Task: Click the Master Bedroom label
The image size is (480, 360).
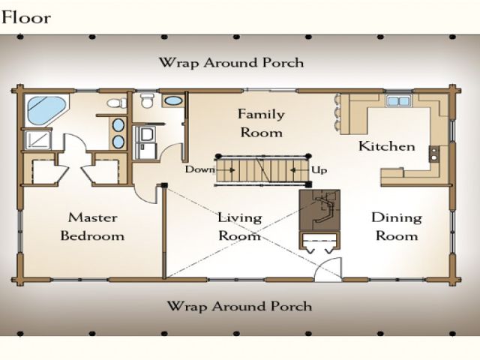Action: click(92, 226)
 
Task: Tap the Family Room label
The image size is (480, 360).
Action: click(261, 123)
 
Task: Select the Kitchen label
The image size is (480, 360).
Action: click(387, 146)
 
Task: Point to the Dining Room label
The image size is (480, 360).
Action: click(397, 226)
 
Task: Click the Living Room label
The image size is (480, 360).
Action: click(240, 226)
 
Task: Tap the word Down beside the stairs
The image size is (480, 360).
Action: click(200, 169)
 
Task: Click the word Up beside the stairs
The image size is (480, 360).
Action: click(319, 170)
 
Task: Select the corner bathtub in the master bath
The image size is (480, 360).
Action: click(46, 110)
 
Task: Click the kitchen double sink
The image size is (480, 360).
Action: click(398, 100)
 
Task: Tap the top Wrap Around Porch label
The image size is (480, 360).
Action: click(232, 63)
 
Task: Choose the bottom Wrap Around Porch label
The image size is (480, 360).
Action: click(240, 306)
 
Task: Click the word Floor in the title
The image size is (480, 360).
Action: click(26, 17)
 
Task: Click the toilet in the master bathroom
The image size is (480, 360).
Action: click(117, 103)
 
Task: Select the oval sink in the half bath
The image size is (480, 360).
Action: click(173, 100)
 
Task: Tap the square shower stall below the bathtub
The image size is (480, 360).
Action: click(37, 140)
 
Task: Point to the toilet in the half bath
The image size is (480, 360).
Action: click(147, 100)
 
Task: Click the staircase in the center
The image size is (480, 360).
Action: click(262, 170)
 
